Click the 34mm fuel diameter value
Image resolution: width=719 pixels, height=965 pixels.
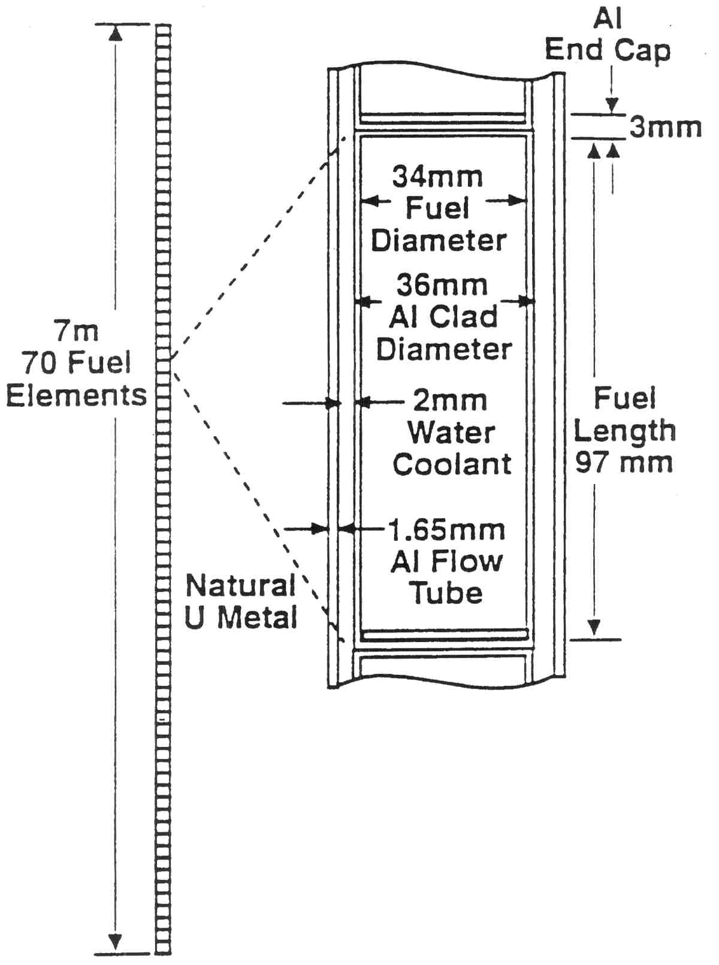(x=437, y=177)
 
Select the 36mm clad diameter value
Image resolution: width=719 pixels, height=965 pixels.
(x=442, y=285)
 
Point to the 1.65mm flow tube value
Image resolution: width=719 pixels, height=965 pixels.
(x=446, y=530)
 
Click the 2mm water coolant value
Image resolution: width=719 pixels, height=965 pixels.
(x=450, y=401)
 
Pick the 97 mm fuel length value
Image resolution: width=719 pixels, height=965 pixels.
(x=624, y=462)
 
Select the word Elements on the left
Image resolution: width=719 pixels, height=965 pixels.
(x=77, y=395)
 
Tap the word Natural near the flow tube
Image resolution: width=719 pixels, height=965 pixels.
(x=241, y=585)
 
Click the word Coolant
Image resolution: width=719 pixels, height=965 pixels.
(x=452, y=464)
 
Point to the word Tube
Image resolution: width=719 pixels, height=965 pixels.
(x=446, y=593)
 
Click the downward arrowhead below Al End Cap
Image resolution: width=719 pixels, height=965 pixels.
(x=611, y=106)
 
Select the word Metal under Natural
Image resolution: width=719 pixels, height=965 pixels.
(x=258, y=618)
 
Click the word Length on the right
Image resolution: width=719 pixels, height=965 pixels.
(x=624, y=431)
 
